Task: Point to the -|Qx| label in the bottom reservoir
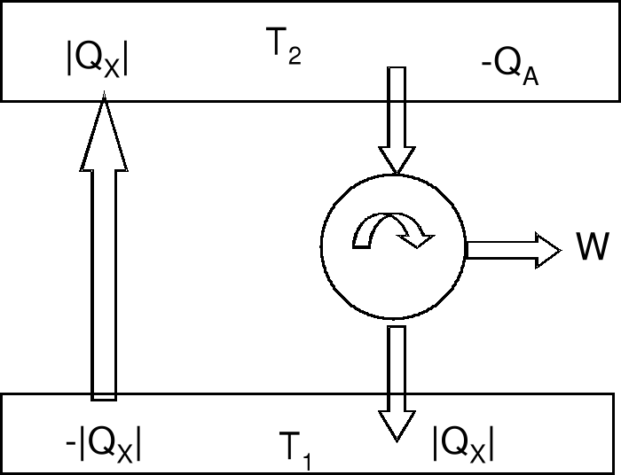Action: [104, 443]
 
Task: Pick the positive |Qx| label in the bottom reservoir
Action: [462, 442]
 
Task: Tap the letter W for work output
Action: [593, 249]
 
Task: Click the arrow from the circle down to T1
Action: [396, 381]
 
